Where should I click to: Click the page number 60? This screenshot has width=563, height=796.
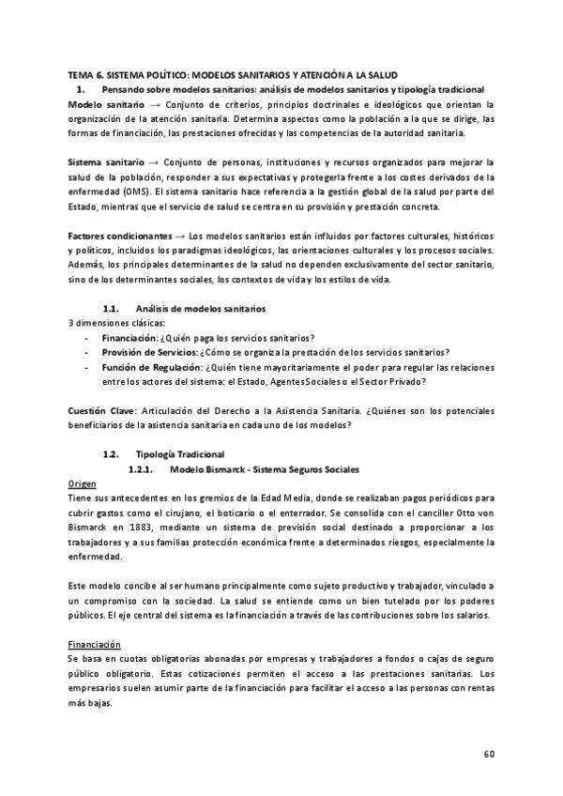pyautogui.click(x=489, y=754)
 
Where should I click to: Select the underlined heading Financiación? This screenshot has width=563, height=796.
pyautogui.click(x=95, y=646)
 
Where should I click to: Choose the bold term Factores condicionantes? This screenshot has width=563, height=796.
pyautogui.click(x=119, y=234)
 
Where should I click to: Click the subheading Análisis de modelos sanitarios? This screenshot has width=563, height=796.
pyautogui.click(x=201, y=308)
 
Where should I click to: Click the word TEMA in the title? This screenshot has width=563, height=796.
pyautogui.click(x=80, y=73)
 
